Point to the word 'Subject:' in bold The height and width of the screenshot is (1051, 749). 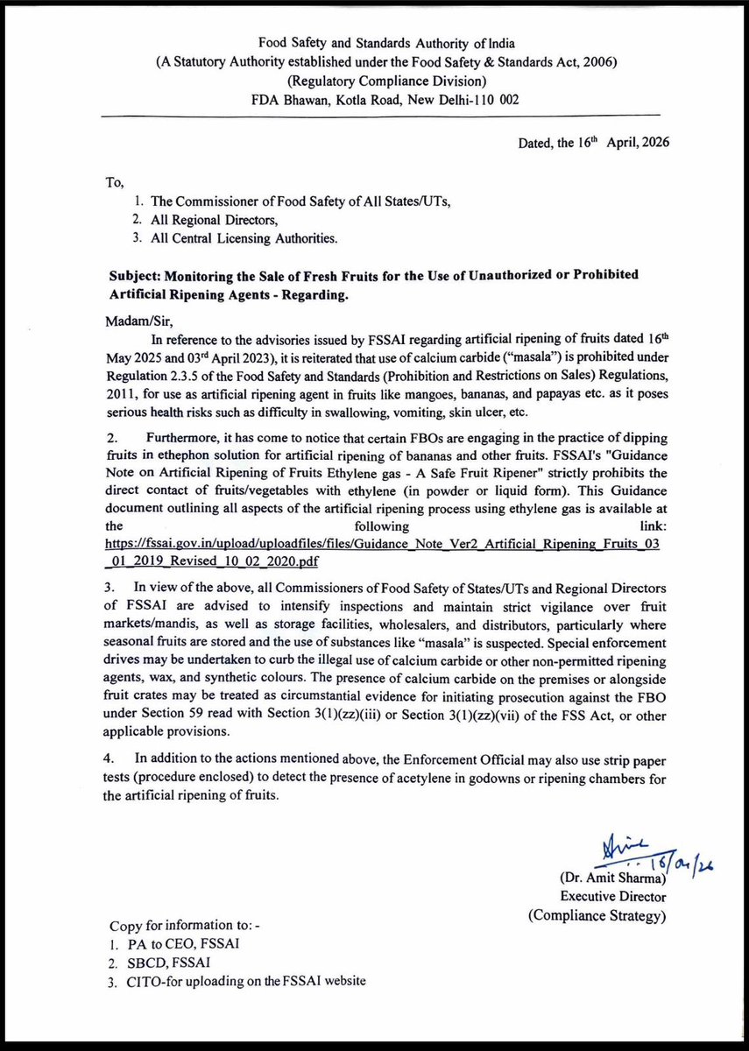coord(138,275)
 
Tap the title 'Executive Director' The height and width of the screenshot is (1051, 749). coord(612,897)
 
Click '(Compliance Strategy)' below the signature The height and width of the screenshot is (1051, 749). coord(597,915)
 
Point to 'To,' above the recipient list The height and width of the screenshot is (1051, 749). coord(117,183)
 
